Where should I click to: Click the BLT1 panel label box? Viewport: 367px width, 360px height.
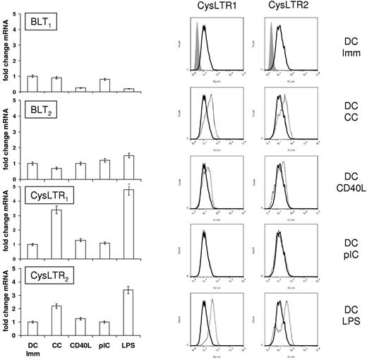coord(42,23)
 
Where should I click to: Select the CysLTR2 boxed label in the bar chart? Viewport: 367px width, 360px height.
coord(47,277)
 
